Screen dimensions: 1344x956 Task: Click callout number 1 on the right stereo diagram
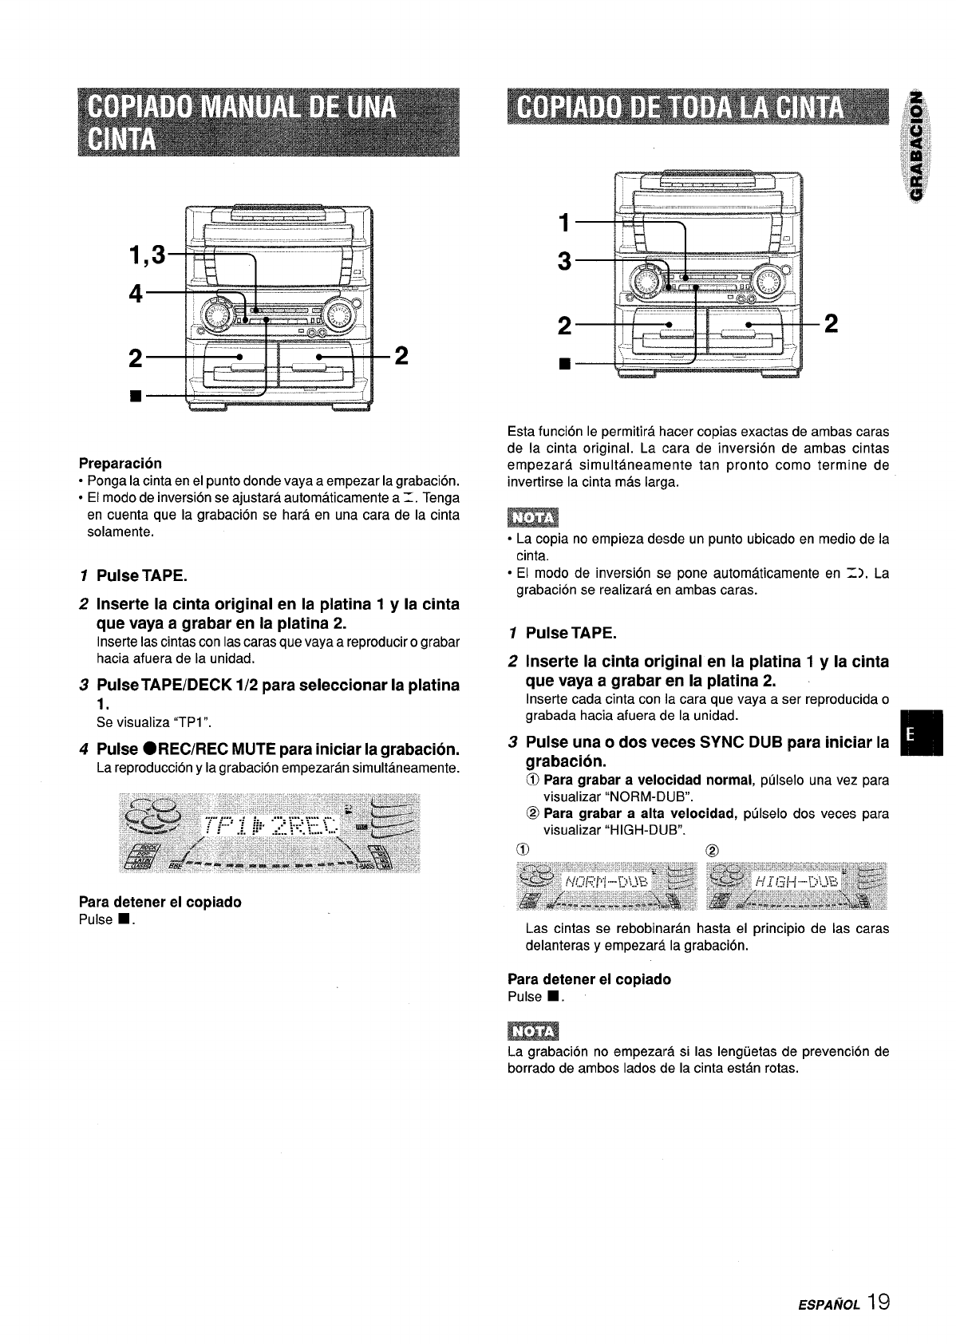566,223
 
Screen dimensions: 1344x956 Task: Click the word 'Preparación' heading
120,463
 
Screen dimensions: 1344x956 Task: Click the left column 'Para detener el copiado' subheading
160,902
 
